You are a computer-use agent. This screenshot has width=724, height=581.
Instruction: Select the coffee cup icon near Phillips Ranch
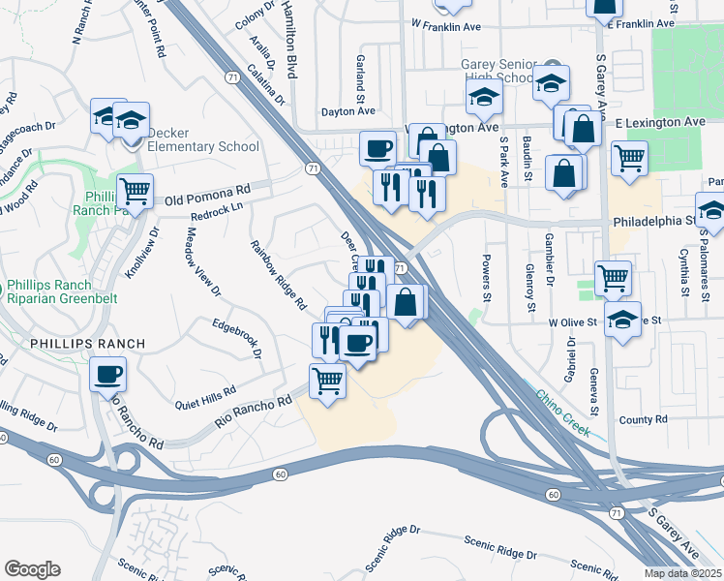108,372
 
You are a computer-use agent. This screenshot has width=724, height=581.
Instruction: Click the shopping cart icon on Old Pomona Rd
135,191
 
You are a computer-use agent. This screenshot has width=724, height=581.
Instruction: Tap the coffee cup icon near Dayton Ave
377,148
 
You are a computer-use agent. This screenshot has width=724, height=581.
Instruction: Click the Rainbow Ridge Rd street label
278,276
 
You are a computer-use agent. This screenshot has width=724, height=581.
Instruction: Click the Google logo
32,569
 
